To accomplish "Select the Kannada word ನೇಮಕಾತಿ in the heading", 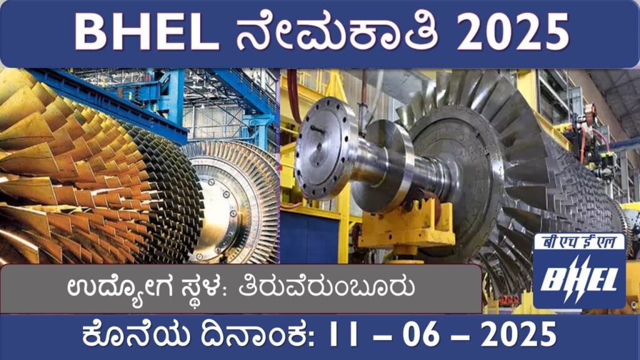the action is [x=337, y=31].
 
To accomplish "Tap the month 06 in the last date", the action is [x=421, y=334].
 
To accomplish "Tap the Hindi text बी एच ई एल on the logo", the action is [x=579, y=243].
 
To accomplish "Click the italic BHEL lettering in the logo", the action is [x=579, y=279].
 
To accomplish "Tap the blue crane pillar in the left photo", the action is [x=176, y=96].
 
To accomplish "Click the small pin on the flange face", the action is [x=318, y=130].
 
